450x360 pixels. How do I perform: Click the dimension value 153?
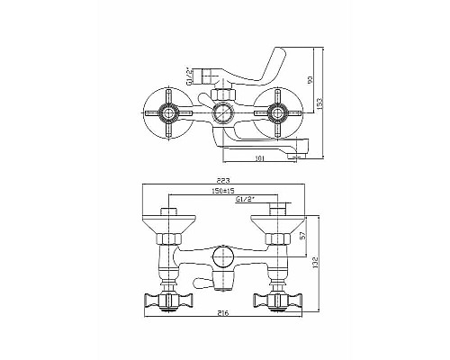pos(320,105)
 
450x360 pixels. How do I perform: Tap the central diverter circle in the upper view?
pos(221,114)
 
